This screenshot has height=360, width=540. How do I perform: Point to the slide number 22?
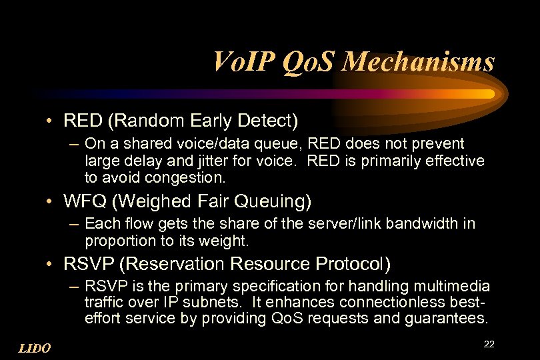point(489,344)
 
